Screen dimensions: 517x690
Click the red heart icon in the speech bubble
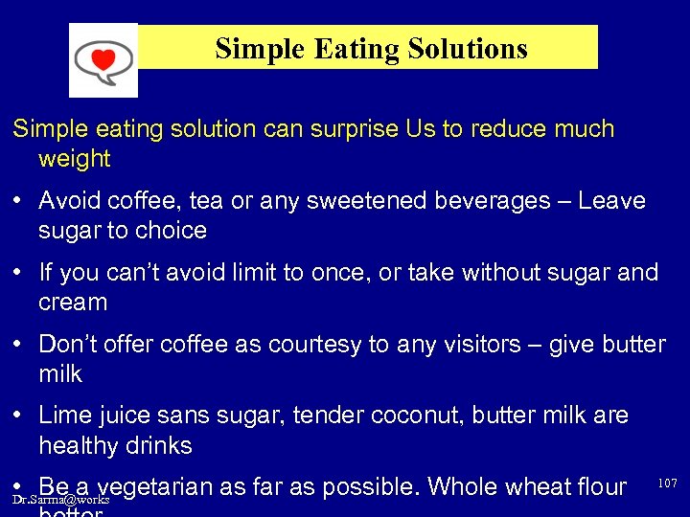click(103, 59)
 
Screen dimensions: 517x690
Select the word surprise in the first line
click(352, 129)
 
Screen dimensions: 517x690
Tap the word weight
click(75, 159)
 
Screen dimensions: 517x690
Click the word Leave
click(611, 201)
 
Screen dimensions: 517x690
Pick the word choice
click(172, 231)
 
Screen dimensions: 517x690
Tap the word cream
click(73, 303)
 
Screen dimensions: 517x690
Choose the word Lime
click(64, 416)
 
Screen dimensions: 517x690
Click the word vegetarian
click(156, 487)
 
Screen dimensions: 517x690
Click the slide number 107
click(667, 483)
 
